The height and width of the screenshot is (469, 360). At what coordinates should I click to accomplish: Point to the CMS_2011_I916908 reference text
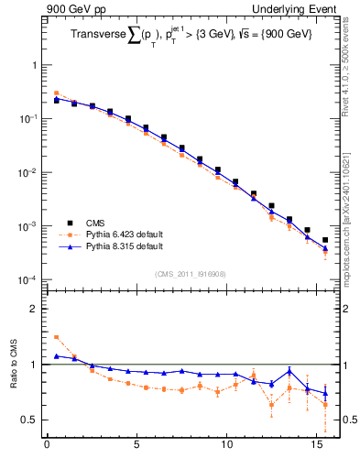189,273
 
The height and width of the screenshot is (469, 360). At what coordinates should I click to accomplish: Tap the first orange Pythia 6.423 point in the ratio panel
56,337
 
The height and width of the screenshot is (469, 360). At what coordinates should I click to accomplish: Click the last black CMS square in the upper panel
325,240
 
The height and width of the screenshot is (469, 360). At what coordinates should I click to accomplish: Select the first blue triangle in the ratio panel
56,355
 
